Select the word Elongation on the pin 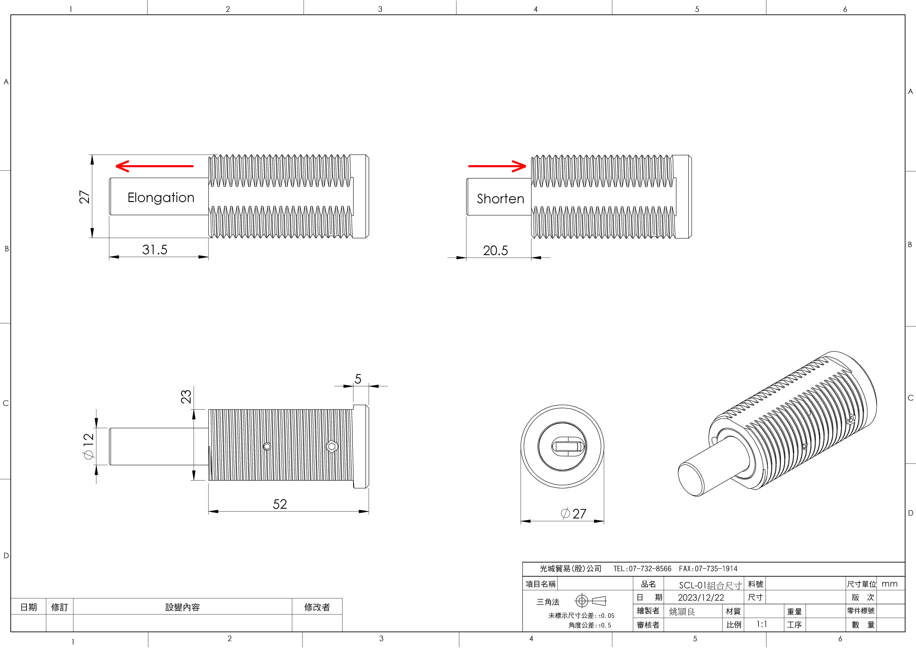(161, 198)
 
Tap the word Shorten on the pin (500, 199)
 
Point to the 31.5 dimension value (155, 250)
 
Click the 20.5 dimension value (496, 251)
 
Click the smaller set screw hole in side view (267, 446)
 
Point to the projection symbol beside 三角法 (590, 601)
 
